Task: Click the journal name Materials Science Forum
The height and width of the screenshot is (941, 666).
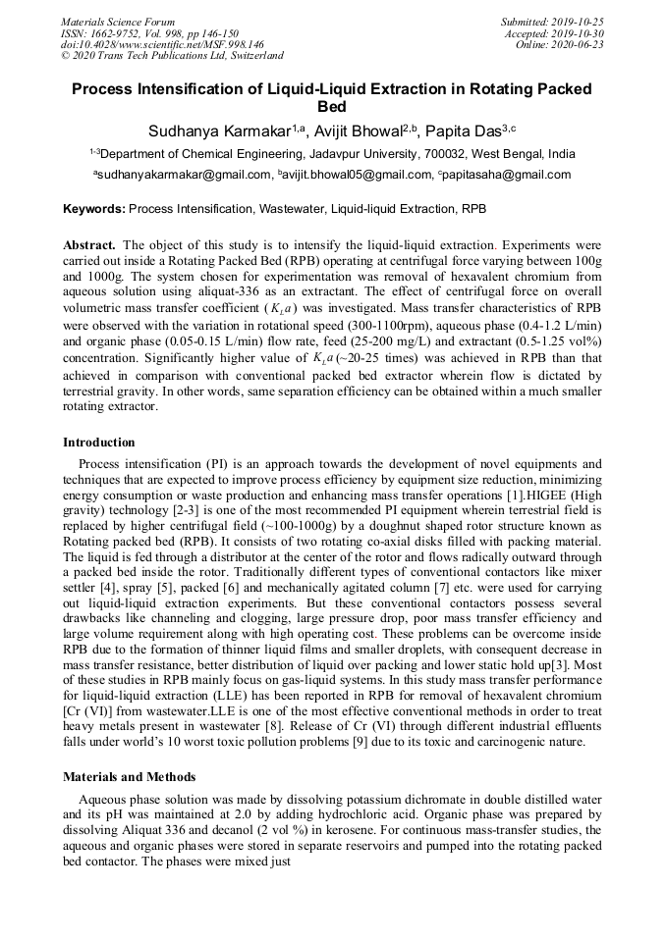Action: point(118,22)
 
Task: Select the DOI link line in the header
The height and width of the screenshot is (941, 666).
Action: point(162,45)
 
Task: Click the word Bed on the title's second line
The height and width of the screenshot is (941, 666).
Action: point(332,107)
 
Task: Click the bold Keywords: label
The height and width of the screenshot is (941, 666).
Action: point(93,209)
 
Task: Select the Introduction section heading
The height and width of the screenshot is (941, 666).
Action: point(99,443)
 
